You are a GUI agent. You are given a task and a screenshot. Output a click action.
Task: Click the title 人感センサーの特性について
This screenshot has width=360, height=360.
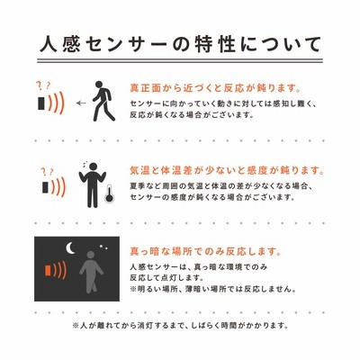180,44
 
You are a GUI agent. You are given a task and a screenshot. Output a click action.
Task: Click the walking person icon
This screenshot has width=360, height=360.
103,101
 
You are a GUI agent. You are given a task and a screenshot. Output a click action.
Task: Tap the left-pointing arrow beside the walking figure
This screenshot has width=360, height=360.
81,103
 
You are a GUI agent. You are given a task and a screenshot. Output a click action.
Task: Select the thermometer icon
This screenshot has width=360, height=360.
109,194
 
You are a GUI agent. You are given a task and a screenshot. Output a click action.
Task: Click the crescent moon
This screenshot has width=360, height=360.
70,247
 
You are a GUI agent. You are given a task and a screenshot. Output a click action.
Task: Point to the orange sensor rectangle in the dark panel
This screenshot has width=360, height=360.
48,271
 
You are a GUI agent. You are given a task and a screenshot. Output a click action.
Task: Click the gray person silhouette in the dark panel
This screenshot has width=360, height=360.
91,272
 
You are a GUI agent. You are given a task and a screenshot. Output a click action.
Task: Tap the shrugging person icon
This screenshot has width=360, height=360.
93,185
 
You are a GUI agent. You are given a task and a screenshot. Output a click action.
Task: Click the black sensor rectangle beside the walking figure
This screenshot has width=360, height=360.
41,103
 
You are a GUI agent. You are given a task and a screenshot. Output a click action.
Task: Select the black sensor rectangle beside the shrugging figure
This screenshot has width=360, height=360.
45,187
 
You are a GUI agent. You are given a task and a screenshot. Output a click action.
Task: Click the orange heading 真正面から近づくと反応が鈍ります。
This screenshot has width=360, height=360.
215,88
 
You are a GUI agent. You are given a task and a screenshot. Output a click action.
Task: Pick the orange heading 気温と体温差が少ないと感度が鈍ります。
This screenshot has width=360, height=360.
228,171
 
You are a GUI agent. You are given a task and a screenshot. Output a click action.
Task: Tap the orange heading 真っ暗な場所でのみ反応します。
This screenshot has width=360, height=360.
206,251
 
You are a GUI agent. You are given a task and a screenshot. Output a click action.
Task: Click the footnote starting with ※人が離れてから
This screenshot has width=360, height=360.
180,326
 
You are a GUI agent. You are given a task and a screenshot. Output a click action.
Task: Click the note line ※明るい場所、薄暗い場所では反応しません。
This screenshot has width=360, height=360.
213,289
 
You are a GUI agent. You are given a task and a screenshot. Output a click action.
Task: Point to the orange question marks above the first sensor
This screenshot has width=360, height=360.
44,86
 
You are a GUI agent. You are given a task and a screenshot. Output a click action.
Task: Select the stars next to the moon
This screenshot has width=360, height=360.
103,247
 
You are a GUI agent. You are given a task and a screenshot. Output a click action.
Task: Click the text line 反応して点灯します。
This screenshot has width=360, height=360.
166,278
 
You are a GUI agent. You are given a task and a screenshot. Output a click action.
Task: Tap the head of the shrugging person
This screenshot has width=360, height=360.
94,166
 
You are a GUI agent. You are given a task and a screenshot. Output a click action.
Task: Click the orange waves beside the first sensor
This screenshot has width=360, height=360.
56,103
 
